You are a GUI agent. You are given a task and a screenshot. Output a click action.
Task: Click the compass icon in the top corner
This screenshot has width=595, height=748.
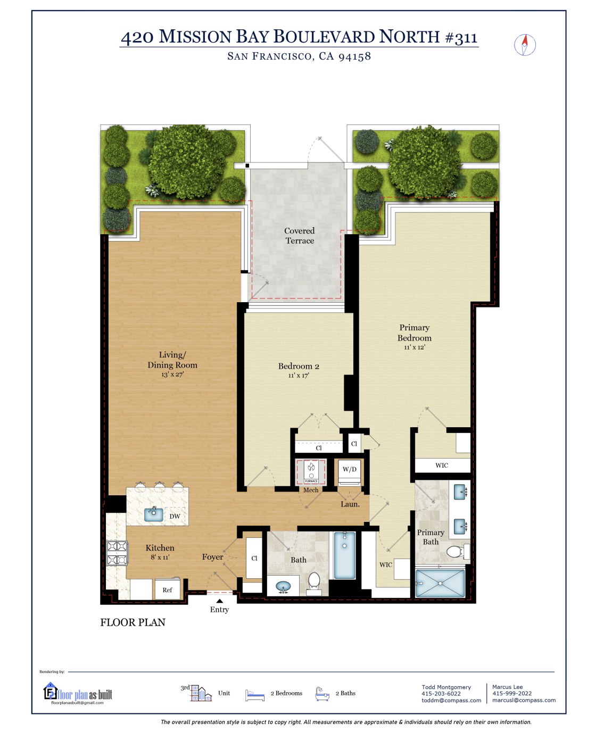(525, 45)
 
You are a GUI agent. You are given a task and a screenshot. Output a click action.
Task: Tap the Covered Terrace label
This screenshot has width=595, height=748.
(299, 236)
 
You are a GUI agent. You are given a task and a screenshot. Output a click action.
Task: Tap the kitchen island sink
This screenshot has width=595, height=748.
(153, 514)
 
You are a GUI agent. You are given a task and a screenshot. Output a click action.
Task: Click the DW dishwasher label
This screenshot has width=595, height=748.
(175, 517)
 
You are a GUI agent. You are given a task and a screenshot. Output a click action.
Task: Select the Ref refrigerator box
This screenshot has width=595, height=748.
(167, 590)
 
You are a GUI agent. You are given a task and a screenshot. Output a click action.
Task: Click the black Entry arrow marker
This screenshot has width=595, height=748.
(219, 601)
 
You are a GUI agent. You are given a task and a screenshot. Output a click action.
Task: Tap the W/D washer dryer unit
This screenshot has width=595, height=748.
(350, 471)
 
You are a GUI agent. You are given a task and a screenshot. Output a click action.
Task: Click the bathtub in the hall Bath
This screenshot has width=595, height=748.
(345, 555)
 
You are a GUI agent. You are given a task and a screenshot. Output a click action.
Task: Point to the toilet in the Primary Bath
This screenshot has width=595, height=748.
(455, 552)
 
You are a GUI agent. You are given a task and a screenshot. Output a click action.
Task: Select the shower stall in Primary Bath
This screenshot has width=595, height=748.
(440, 584)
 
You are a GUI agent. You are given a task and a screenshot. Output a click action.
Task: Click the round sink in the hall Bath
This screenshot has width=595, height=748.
(283, 587)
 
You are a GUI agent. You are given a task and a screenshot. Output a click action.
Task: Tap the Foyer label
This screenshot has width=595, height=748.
(212, 557)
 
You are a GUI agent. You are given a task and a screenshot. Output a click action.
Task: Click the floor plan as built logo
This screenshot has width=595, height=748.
(78, 694)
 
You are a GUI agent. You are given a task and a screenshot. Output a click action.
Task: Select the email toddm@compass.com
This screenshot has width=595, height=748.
(451, 701)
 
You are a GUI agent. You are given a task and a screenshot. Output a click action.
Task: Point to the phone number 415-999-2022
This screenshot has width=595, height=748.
(511, 694)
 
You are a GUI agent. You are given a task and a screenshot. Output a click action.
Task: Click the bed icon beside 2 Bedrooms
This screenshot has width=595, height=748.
(255, 695)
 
